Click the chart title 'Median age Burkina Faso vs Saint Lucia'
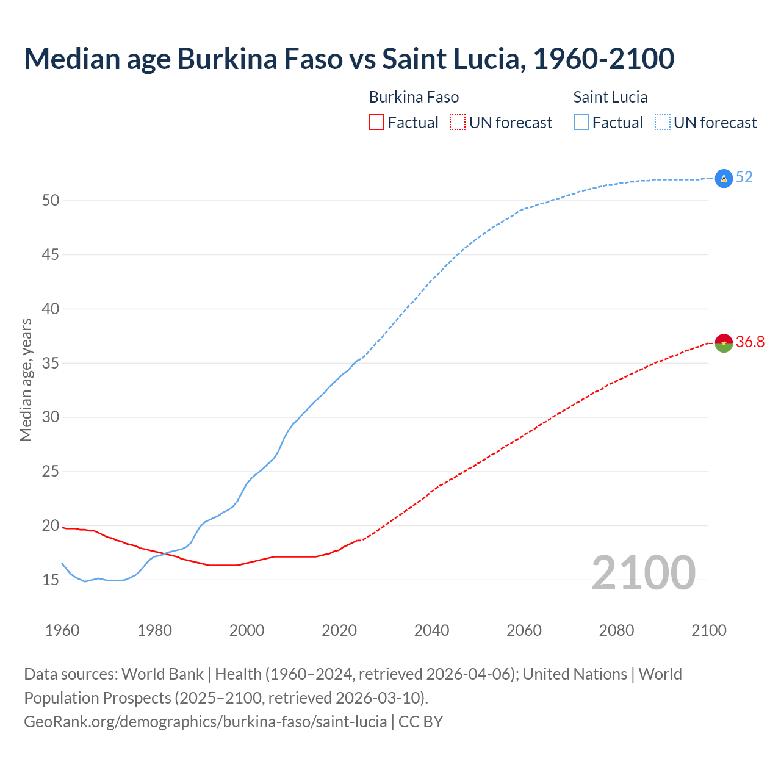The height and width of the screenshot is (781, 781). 349,59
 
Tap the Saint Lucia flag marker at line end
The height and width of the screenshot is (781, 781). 724,178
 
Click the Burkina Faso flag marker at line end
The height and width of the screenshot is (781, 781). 724,343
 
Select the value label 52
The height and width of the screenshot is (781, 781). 744,178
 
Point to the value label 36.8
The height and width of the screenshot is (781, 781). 750,342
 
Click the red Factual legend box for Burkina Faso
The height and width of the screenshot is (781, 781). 376,123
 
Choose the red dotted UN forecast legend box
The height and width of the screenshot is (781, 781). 458,123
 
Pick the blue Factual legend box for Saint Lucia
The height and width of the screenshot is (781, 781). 581,123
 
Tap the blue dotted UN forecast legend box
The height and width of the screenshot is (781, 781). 662,123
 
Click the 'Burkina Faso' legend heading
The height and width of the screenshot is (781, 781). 414,97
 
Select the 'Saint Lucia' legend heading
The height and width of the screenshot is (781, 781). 610,97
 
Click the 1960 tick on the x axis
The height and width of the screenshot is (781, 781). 62,630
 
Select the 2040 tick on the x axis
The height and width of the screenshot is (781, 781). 431,630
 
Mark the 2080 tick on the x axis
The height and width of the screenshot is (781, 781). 616,630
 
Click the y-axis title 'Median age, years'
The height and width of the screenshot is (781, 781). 26,380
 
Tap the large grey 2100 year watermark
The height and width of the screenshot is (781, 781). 643,572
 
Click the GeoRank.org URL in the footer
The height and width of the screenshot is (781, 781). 205,722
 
